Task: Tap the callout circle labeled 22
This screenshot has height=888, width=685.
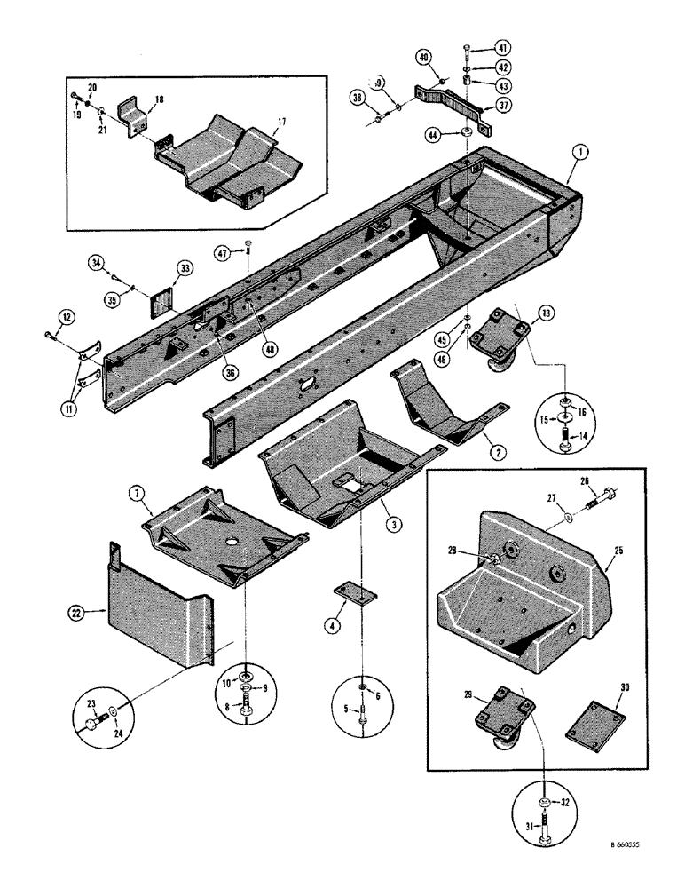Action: (x=76, y=611)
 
